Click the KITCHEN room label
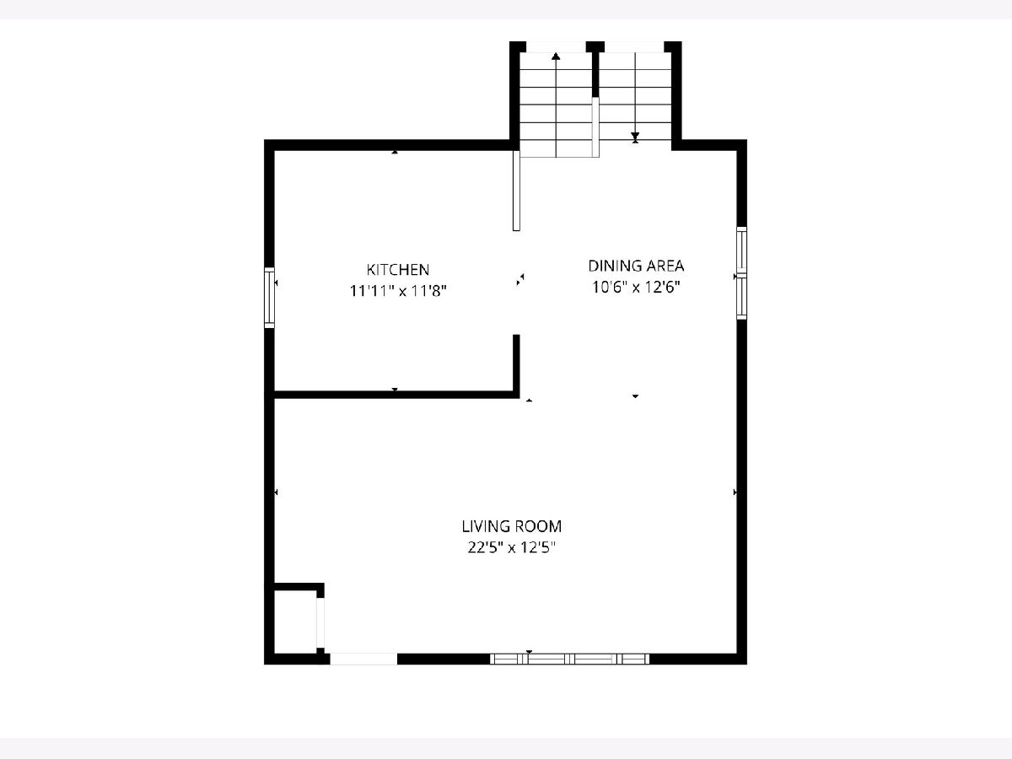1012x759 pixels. pos(398,270)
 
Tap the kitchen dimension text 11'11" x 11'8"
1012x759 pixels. pos(398,291)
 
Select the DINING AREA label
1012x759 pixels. pos(636,266)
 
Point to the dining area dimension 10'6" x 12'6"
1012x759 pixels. pos(636,288)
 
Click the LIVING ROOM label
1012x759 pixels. pos(511,526)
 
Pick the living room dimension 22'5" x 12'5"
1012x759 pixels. pos(511,547)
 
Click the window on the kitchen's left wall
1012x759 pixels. pos(269,298)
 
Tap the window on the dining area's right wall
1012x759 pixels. pos(741,272)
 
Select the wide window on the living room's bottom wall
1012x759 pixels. pos(569,659)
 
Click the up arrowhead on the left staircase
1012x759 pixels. pos(556,57)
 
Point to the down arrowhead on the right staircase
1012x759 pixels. pos(635,137)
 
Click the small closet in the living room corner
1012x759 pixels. pos(295,621)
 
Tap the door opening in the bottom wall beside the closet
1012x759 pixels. pos(363,659)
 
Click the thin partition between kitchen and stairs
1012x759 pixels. pos(516,191)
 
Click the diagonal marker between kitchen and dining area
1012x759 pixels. pos(520,279)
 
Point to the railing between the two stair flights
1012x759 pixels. pos(595,127)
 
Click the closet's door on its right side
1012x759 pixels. pos(320,622)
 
